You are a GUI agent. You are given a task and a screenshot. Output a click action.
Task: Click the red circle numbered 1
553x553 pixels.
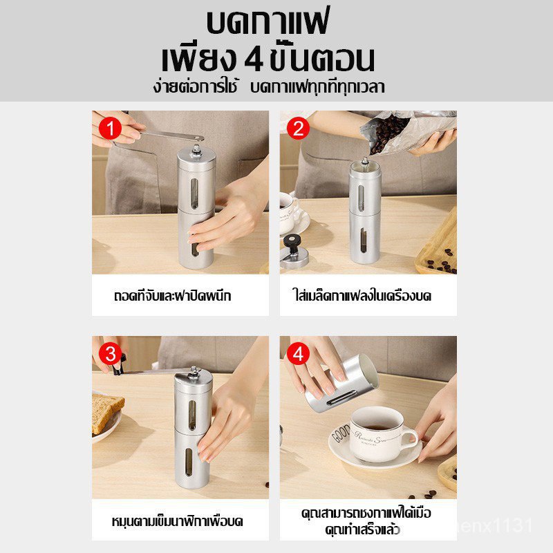point(111,129)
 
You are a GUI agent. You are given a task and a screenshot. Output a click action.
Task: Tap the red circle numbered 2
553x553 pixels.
point(299,129)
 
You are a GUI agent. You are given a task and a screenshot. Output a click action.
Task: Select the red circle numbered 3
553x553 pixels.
point(111,354)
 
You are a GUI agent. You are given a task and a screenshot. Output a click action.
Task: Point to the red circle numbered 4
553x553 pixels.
point(299,354)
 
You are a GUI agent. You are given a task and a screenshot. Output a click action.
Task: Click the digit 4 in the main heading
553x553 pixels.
point(254,60)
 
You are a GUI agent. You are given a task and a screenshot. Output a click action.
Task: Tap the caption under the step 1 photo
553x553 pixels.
point(172,296)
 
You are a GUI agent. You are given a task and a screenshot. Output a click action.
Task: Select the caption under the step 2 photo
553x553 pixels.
point(362,296)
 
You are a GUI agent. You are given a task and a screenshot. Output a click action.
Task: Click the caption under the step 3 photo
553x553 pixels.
point(178,521)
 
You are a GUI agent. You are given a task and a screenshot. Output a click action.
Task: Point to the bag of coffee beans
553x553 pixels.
point(406,131)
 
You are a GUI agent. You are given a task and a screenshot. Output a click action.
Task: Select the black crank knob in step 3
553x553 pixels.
point(119,366)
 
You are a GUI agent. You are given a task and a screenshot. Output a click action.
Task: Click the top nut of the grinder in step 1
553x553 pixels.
point(196,149)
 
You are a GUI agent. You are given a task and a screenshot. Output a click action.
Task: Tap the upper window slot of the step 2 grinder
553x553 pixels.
point(361,198)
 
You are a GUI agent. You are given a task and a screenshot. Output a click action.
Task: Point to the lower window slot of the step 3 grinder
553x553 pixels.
point(189,462)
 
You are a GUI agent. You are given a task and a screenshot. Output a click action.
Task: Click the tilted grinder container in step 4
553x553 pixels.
point(340,385)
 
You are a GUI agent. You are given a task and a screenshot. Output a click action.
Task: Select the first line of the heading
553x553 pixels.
point(268,22)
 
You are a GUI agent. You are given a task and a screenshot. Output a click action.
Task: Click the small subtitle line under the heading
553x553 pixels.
point(269,87)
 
